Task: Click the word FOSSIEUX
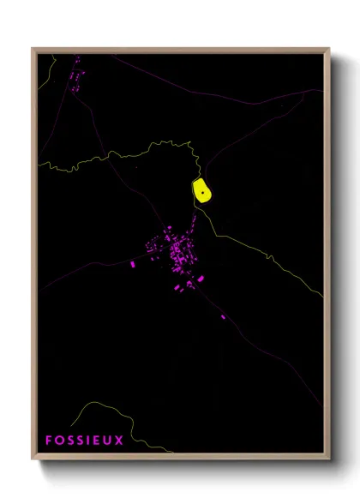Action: pyautogui.click(x=85, y=441)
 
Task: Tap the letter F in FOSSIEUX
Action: pyautogui.click(x=50, y=441)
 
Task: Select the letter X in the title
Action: pyautogui.click(x=120, y=441)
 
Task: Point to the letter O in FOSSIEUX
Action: pyautogui.click(x=60, y=441)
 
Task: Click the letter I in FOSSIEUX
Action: pyautogui.click(x=90, y=441)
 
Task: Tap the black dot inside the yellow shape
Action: pyautogui.click(x=201, y=193)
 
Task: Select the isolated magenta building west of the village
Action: pyautogui.click(x=133, y=266)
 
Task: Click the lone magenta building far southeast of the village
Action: pyautogui.click(x=223, y=317)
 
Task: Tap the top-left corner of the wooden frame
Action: pyautogui.click(x=33, y=49)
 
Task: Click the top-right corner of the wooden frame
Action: pyautogui.click(x=329, y=49)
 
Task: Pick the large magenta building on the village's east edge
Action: pyautogui.click(x=201, y=279)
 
